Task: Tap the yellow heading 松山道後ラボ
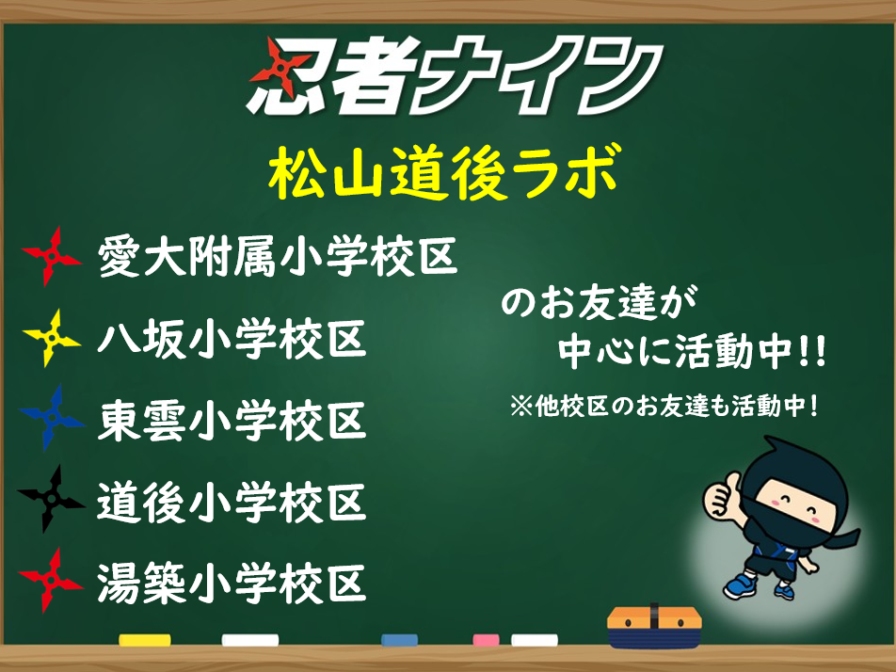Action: tap(444, 172)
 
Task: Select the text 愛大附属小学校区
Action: tap(277, 257)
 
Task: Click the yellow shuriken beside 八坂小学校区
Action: tap(52, 338)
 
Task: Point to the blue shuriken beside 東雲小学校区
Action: tap(52, 418)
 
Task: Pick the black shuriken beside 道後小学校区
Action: tap(52, 500)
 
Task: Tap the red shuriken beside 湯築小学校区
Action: tap(52, 581)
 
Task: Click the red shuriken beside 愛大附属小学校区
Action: tap(52, 257)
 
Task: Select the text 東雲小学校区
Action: tap(232, 421)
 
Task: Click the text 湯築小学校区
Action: tap(232, 583)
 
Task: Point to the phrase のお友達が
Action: tap(599, 302)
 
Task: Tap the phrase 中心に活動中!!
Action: tap(692, 351)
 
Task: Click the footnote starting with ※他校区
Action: tap(664, 407)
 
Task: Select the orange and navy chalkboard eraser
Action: tap(655, 625)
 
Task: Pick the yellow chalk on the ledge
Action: tap(145, 640)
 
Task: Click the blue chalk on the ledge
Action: tap(399, 640)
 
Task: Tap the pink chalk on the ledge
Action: tap(487, 640)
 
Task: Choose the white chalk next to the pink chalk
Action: tap(535, 640)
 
